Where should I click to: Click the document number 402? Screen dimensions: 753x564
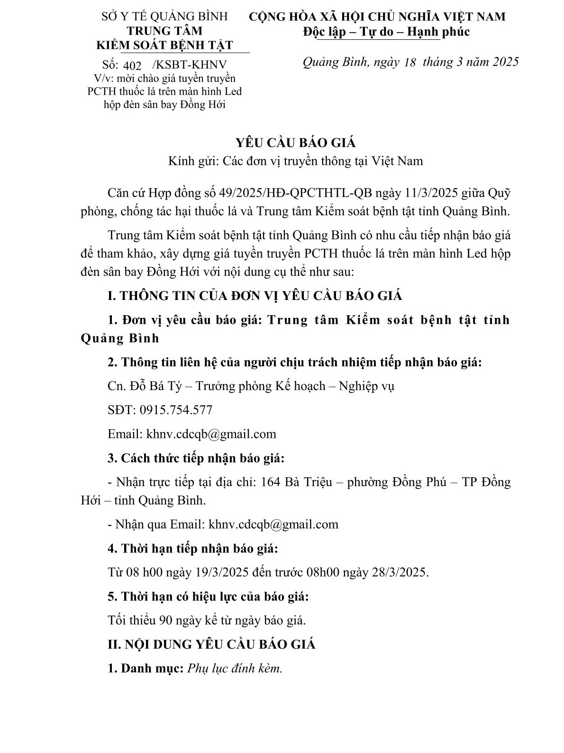click(x=131, y=65)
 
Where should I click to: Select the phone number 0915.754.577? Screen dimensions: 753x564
click(x=176, y=410)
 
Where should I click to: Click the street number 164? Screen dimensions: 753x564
click(x=271, y=482)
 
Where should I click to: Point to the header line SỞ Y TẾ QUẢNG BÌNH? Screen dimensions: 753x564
click(x=165, y=17)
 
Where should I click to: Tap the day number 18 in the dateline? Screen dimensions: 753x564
click(x=407, y=62)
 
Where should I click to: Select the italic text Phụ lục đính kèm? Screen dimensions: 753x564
click(x=235, y=668)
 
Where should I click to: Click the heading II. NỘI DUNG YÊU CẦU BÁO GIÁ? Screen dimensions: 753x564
click(x=211, y=644)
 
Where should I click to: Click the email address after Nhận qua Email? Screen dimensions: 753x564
click(x=273, y=524)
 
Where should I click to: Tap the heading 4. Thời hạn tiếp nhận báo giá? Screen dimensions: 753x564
click(x=192, y=549)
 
